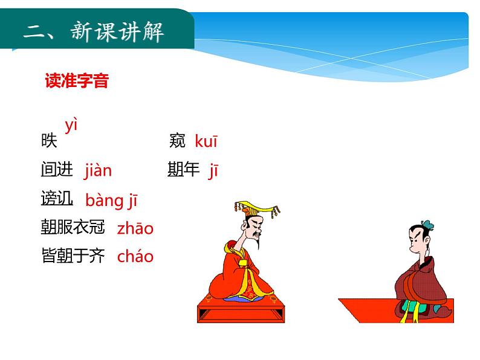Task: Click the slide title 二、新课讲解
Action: [94, 33]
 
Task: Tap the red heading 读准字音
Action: [77, 81]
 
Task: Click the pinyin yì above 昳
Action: [72, 126]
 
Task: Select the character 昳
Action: [49, 141]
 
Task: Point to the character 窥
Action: [178, 141]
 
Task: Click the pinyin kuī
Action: [206, 142]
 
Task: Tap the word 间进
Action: [57, 170]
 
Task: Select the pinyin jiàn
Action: [98, 171]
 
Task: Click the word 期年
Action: [183, 170]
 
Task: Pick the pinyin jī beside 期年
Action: [213, 171]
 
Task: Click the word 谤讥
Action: [57, 199]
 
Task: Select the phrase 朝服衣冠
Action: [73, 227]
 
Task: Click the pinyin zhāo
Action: [135, 228]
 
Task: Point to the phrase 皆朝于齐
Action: [73, 256]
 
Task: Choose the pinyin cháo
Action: [135, 256]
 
